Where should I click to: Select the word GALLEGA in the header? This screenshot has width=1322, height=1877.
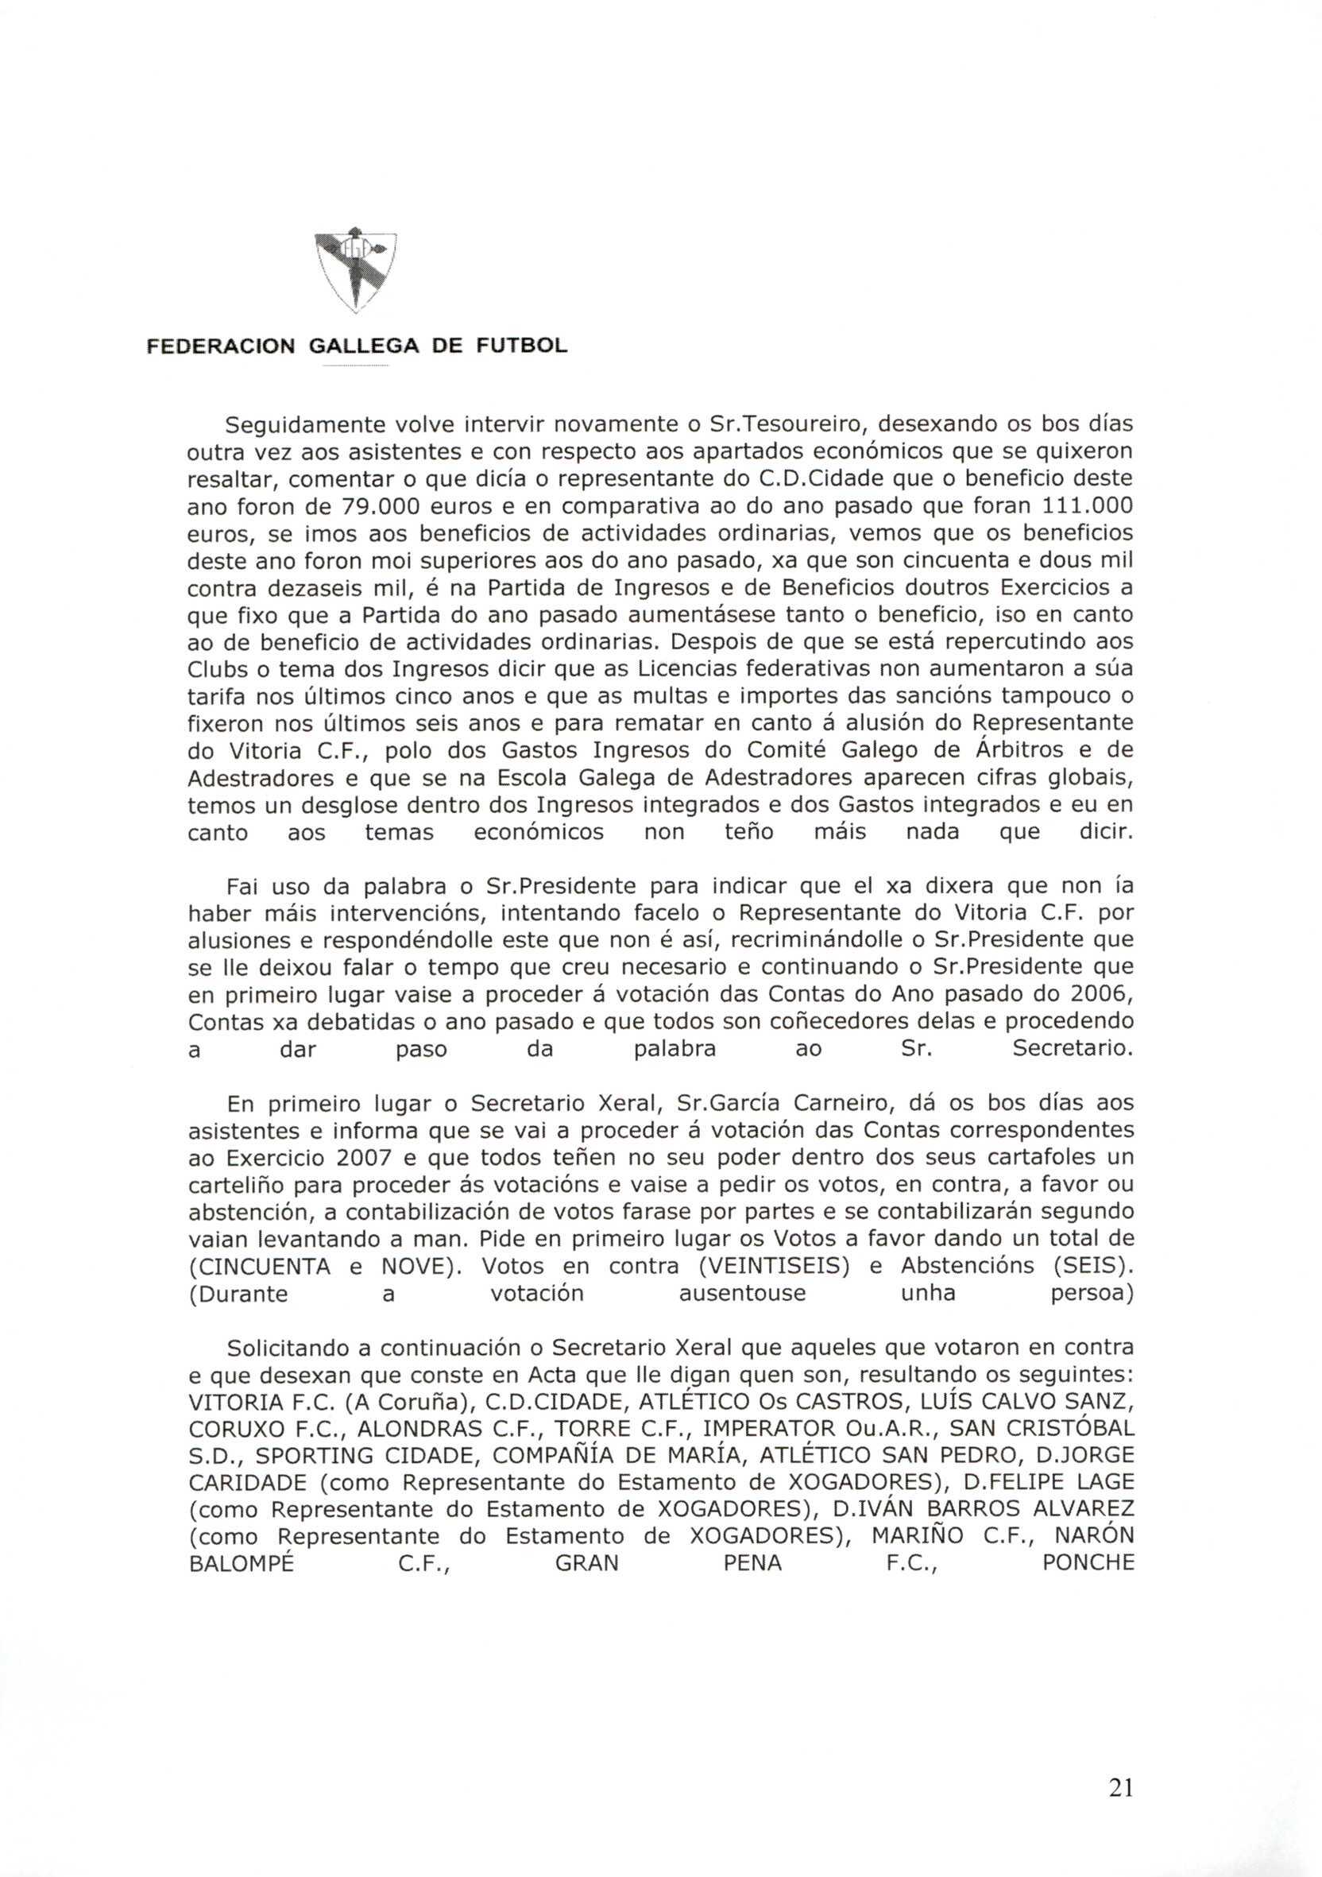tap(363, 346)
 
